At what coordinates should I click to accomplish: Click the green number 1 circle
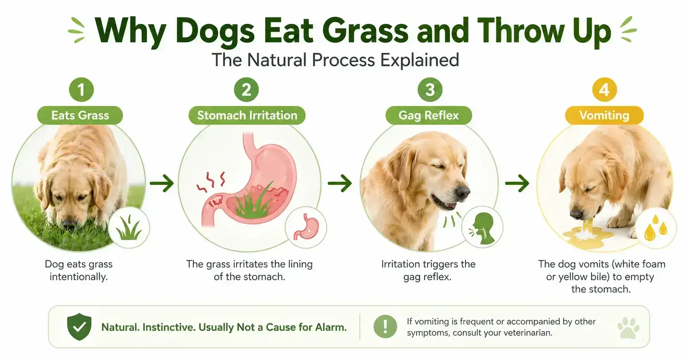pyautogui.click(x=81, y=90)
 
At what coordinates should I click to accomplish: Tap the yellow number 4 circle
pyautogui.click(x=604, y=90)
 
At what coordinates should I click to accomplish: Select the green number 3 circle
pyautogui.click(x=430, y=90)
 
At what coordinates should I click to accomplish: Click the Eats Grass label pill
pyautogui.click(x=80, y=116)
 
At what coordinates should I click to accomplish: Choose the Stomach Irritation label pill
pyautogui.click(x=247, y=116)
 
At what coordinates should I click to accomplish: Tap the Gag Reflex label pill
pyautogui.click(x=429, y=116)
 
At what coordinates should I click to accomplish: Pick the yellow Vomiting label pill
pyautogui.click(x=604, y=116)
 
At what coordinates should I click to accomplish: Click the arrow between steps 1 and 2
pyautogui.click(x=162, y=183)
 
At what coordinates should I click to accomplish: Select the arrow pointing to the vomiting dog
pyautogui.click(x=517, y=183)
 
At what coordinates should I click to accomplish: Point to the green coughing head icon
pyautogui.click(x=483, y=228)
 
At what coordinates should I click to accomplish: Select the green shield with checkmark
pyautogui.click(x=79, y=327)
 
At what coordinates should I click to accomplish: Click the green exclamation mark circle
pyautogui.click(x=385, y=327)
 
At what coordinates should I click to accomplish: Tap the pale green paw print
pyautogui.click(x=628, y=328)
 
